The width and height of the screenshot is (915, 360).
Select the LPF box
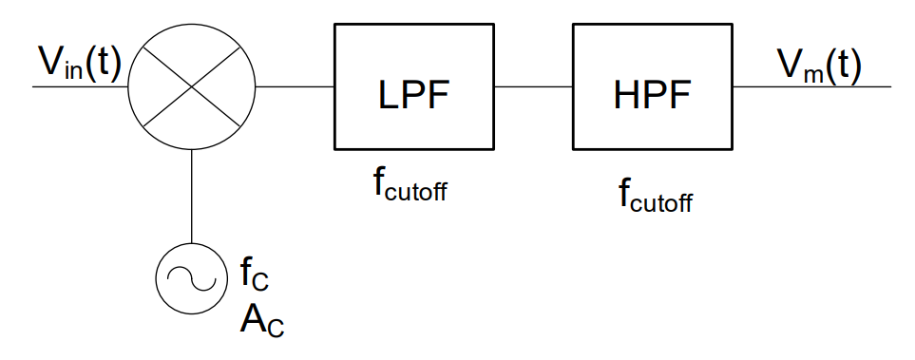tap(413, 86)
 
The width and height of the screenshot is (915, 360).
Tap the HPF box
tap(652, 86)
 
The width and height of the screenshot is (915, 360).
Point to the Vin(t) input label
tap(80, 65)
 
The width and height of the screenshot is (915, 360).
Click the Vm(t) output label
tap(819, 65)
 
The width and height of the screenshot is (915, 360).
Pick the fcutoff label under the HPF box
tap(655, 197)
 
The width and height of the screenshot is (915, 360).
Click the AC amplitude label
tap(260, 320)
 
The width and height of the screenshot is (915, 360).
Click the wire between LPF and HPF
tap(532, 86)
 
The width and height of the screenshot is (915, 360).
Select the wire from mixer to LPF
tap(295, 86)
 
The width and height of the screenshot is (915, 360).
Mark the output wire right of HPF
tap(812, 86)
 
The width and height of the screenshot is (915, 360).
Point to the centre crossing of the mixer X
tap(193, 86)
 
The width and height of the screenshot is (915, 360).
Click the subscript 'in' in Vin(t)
tap(73, 72)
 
